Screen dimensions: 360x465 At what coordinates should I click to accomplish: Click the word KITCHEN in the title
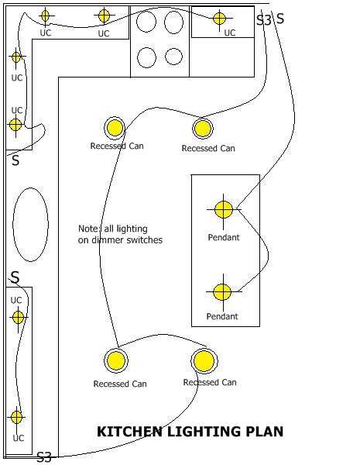point(129,432)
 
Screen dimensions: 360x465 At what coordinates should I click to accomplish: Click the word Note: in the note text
point(90,229)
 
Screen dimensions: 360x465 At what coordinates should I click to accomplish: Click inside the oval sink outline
point(30,225)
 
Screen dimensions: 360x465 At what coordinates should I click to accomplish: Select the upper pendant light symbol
point(224,209)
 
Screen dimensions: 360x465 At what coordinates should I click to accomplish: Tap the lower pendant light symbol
point(222,292)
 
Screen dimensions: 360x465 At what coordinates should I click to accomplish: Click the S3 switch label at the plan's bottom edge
point(44,457)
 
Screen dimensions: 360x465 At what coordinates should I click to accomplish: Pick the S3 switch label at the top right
point(264,20)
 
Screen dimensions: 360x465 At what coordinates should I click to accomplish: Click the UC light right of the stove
point(220,19)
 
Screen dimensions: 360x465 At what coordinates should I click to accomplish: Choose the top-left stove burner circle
point(146,22)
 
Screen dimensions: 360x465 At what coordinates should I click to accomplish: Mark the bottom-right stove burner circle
point(173,57)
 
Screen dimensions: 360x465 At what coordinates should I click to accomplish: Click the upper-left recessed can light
point(115,128)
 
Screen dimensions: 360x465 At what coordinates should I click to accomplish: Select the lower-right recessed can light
point(204,360)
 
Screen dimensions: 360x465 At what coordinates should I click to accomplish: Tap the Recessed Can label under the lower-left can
point(120,384)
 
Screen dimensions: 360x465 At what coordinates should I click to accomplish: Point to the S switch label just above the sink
point(15,160)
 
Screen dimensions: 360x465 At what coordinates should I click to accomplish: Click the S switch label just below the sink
point(15,277)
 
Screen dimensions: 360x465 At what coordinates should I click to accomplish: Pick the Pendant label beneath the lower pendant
point(222,316)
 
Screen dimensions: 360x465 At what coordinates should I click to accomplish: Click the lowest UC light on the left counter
point(16,417)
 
